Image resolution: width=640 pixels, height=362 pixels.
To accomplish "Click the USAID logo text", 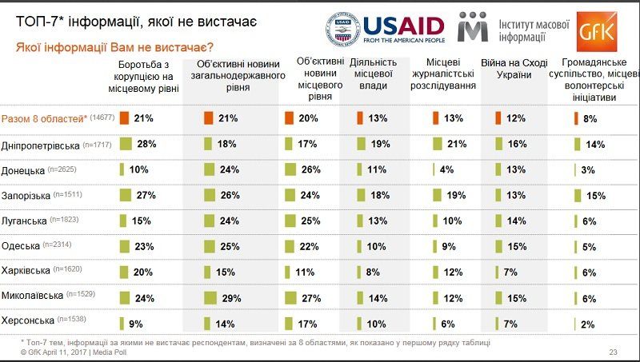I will pyautogui.click(x=403, y=25).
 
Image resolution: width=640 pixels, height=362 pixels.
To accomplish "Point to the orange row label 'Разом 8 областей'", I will pyautogui.click(x=45, y=118).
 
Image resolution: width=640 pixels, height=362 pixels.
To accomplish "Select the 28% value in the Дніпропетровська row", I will pyautogui.click(x=144, y=144).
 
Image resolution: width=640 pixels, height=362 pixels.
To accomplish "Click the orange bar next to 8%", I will pyautogui.click(x=576, y=118).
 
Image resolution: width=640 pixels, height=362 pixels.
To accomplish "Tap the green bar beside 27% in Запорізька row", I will pyautogui.click(x=124, y=195).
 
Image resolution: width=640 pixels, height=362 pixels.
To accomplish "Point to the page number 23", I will pyautogui.click(x=614, y=352).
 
